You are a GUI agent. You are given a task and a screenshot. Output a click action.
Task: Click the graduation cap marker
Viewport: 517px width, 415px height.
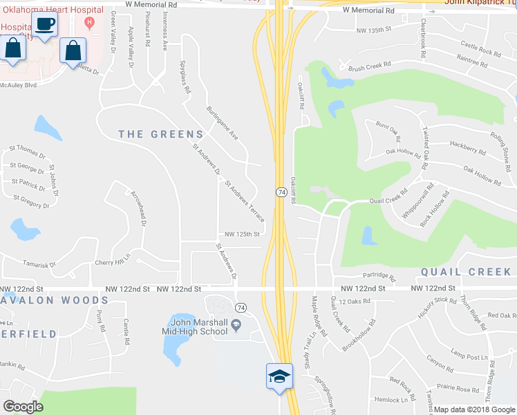[x=279, y=376]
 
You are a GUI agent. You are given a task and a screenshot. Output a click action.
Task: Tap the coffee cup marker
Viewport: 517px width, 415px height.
[x=45, y=25]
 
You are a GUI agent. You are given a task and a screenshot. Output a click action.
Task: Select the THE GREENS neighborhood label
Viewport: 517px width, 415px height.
[x=161, y=134]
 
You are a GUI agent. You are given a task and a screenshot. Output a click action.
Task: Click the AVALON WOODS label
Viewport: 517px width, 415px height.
[x=55, y=300]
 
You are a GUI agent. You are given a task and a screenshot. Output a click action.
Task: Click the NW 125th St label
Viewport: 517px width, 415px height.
[x=239, y=234]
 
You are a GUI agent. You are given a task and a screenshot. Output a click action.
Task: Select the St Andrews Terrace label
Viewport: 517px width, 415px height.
[x=245, y=201]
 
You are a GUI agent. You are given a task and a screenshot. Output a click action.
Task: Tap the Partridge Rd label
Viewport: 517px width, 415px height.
[x=379, y=277]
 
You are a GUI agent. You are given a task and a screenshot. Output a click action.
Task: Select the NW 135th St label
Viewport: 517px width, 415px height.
[x=374, y=30]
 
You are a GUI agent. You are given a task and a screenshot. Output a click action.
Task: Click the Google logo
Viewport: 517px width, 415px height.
[x=23, y=407]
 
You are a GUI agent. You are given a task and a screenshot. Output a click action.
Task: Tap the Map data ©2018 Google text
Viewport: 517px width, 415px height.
[x=473, y=409]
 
